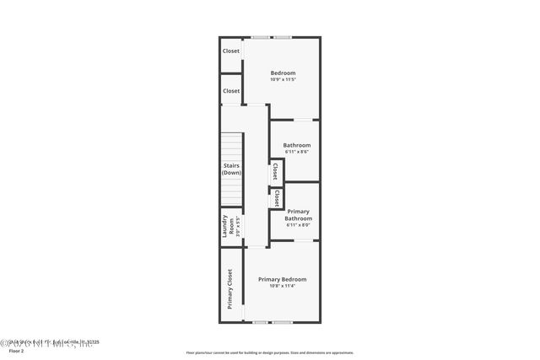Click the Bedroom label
click(x=283, y=73)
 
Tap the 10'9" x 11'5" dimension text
click(x=283, y=81)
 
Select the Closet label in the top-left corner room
click(x=231, y=51)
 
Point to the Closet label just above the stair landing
click(x=231, y=91)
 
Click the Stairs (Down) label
click(x=232, y=169)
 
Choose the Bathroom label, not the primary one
click(x=296, y=145)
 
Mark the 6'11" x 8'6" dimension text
click(x=296, y=153)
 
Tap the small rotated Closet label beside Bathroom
click(x=275, y=171)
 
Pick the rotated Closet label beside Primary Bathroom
click(x=276, y=198)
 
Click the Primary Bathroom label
click(x=298, y=215)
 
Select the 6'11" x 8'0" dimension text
click(x=298, y=226)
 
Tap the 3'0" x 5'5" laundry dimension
click(x=238, y=228)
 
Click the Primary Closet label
click(x=229, y=289)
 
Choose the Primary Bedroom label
click(x=282, y=279)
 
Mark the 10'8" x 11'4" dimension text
click(x=282, y=287)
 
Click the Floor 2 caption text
click(x=11, y=348)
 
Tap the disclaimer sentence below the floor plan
click(x=269, y=353)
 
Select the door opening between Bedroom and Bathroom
click(x=301, y=120)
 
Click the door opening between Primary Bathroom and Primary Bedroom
click(x=301, y=241)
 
